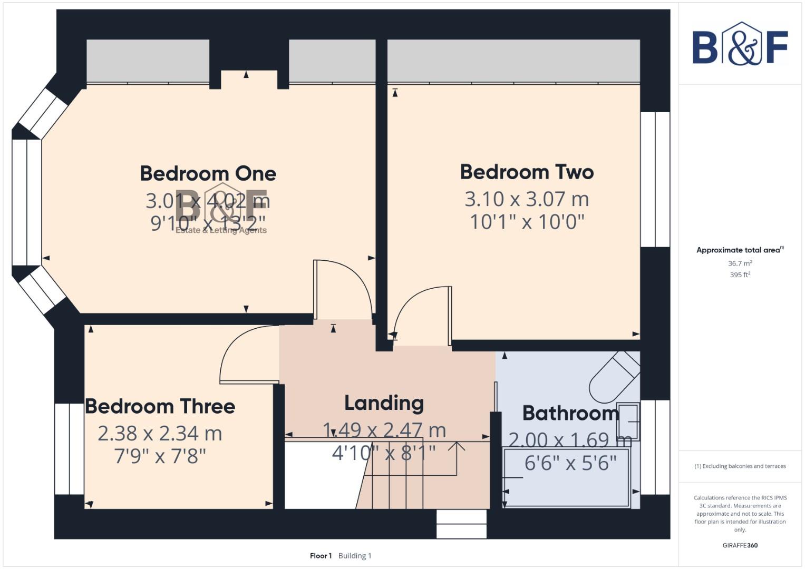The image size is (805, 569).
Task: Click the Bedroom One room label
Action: [208, 173]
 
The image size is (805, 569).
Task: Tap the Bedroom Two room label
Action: [527, 172]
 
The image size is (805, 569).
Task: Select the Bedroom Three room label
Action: [160, 406]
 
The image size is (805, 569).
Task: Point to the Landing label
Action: [384, 403]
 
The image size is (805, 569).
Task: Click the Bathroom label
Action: [570, 413]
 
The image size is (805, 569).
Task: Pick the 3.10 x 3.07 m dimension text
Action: [527, 199]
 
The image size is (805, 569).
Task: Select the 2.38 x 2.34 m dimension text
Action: [160, 434]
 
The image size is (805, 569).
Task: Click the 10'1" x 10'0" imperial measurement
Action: [527, 222]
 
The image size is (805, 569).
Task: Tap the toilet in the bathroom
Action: [614, 377]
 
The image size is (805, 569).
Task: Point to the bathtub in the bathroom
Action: [567, 477]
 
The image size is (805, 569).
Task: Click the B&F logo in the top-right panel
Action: [740, 45]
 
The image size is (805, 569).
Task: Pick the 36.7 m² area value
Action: [740, 263]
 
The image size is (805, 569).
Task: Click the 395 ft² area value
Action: [740, 274]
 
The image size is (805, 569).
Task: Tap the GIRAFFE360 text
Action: [740, 545]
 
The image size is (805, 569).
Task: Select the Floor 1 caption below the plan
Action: [321, 555]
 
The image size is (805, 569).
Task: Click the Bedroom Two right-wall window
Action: [655, 179]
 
